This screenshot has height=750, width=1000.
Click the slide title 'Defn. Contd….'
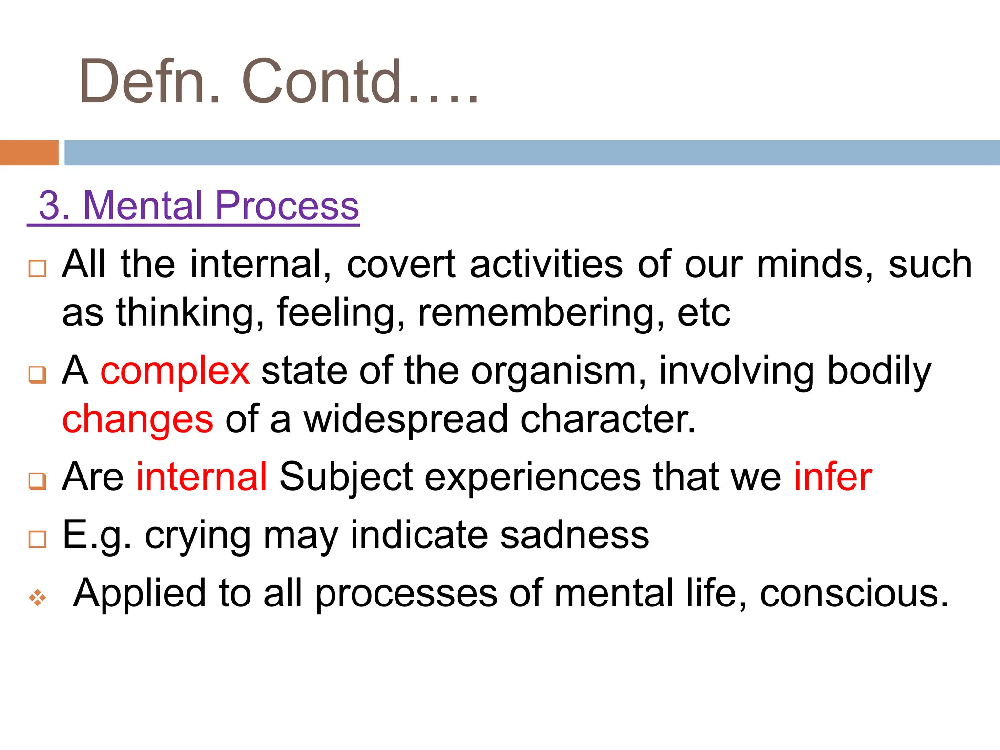pos(278,82)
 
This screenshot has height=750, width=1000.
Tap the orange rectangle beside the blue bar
pos(29,152)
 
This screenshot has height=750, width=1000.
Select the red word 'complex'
pos(175,371)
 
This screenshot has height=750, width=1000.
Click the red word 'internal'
pos(201,477)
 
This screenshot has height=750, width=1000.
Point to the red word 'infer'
pos(833,477)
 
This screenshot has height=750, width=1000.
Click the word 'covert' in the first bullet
pos(401,265)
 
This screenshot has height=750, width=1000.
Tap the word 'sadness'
pos(575,536)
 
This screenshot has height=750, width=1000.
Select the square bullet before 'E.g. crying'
pos(38,540)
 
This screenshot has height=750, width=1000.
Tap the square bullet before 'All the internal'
pos(38,269)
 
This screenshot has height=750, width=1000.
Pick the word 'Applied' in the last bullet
pos(139,594)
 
